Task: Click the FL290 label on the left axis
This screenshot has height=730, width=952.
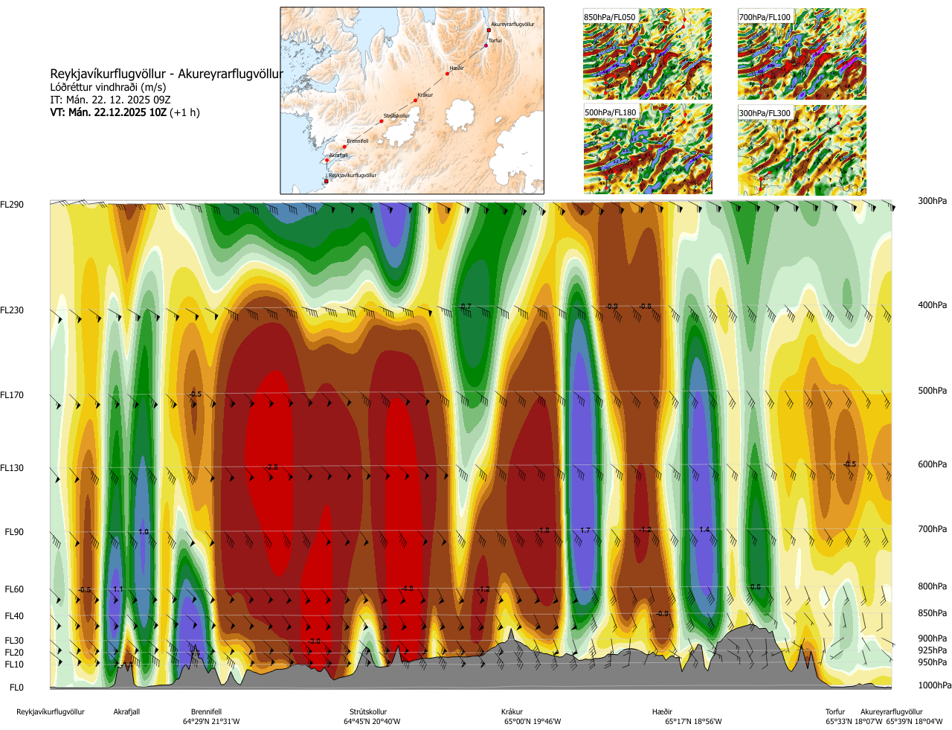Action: click(x=12, y=205)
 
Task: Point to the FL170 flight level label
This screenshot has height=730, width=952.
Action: click(x=12, y=395)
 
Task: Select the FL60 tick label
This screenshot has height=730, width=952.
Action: click(x=14, y=589)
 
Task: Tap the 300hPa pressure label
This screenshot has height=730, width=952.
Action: click(x=932, y=201)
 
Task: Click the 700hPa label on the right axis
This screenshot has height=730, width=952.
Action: click(x=932, y=529)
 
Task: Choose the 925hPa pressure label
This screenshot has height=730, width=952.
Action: click(x=932, y=650)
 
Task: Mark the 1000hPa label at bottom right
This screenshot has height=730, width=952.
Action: click(x=934, y=685)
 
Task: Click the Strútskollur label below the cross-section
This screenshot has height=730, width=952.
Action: click(x=368, y=711)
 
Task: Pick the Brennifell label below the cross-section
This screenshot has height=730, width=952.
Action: click(x=206, y=711)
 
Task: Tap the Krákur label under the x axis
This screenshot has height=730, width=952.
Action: click(x=512, y=711)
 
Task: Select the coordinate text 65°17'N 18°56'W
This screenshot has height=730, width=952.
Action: click(x=693, y=721)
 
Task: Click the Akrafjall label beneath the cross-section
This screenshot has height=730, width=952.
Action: click(x=126, y=711)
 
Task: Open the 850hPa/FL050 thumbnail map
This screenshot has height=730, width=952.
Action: click(x=647, y=54)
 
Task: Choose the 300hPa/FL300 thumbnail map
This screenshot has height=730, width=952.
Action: click(x=802, y=150)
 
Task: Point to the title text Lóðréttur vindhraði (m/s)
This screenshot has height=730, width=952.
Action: click(x=108, y=87)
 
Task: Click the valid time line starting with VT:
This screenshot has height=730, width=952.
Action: click(x=125, y=112)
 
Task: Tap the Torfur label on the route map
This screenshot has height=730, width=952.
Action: click(x=495, y=41)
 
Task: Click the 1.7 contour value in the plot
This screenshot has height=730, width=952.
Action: click(x=585, y=531)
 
